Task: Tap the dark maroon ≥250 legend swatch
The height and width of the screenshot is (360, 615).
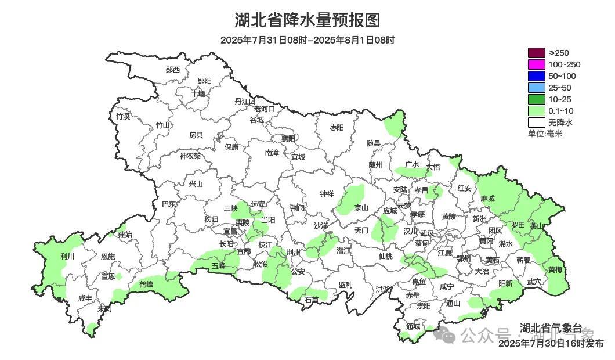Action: (536, 53)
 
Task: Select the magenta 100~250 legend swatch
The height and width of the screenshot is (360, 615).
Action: (536, 65)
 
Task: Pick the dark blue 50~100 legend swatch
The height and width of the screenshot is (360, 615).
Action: (536, 77)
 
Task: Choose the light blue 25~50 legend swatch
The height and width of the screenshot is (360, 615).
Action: (536, 88)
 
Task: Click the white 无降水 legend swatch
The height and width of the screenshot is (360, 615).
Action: (536, 123)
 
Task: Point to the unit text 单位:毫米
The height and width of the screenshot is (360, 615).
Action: (545, 134)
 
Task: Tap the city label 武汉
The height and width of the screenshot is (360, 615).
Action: (426, 232)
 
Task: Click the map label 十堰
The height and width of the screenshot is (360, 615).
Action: (198, 93)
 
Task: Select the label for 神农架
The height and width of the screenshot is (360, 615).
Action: (190, 156)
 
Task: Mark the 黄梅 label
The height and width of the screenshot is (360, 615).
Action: (555, 269)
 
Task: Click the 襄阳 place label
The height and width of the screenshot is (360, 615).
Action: (288, 138)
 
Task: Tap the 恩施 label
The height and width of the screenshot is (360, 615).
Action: (108, 257)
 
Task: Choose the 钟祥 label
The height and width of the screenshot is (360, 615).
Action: (327, 193)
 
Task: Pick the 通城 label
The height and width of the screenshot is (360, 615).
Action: (413, 327)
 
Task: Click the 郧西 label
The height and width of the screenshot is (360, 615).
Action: (173, 70)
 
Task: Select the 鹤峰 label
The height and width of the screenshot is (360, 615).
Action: (146, 284)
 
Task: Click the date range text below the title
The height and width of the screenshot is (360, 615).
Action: (307, 40)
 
